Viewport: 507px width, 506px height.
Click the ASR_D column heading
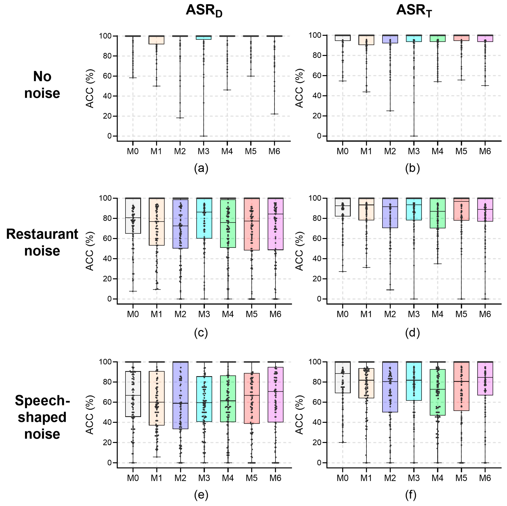[204, 11]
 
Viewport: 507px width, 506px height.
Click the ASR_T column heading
[414, 11]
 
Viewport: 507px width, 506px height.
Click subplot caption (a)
[201, 168]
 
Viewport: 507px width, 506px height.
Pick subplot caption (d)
[412, 333]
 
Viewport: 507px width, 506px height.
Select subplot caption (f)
[411, 495]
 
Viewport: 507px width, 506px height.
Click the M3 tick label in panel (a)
[203, 151]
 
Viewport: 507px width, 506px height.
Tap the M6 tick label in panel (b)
[485, 151]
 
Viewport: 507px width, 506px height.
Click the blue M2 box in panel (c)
[180, 224]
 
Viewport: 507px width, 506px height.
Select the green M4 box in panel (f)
[437, 392]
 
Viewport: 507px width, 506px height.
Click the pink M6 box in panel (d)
[485, 210]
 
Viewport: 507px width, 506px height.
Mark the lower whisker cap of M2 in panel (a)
[180, 118]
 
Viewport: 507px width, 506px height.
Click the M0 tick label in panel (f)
[342, 478]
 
